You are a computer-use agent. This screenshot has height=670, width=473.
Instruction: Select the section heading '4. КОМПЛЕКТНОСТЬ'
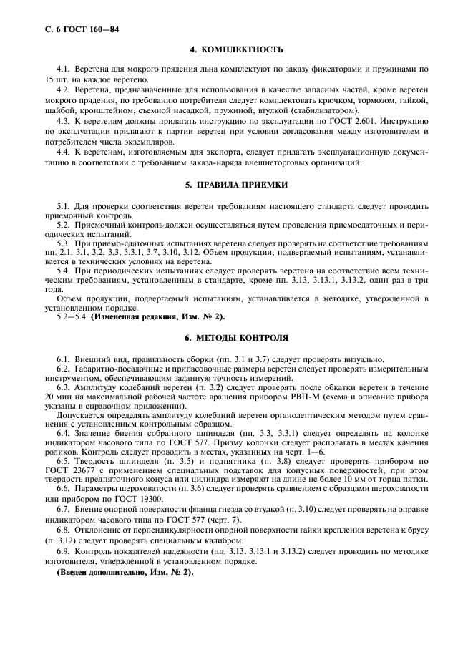pos(236,51)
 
